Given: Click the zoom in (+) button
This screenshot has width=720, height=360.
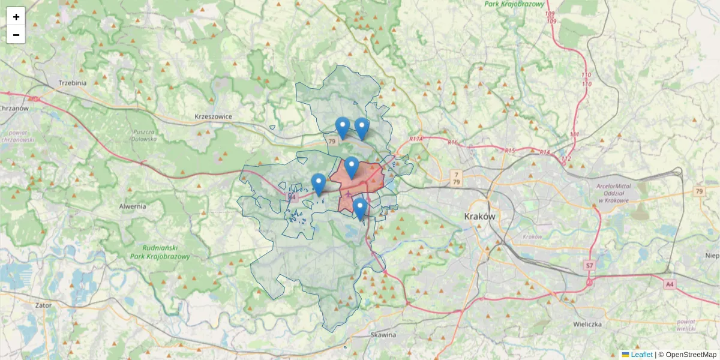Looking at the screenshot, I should coord(16,17).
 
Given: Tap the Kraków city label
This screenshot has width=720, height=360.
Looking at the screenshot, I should coord(480,216).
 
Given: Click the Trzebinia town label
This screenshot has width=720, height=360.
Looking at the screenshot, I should coord(73,83).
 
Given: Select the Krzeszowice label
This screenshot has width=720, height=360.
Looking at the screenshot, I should coord(213,116).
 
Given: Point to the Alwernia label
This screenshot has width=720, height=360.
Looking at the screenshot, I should coord(133,206).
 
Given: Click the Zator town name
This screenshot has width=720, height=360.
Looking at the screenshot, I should coord(43,305).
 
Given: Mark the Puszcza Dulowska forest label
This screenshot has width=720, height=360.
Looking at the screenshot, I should coord(144,135).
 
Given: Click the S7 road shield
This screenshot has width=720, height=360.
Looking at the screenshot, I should coord(589,265).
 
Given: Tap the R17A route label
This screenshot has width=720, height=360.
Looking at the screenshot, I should coord(416,139).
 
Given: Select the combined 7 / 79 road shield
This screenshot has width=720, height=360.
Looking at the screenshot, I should coord(457,178).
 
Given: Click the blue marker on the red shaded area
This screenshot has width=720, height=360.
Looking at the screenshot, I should coord(352,167).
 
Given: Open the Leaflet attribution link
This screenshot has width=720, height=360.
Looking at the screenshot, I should coord(641,355).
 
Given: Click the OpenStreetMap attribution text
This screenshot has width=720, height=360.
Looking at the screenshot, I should coord(691,355).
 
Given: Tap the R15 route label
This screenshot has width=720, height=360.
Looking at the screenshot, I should coord(510,150).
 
